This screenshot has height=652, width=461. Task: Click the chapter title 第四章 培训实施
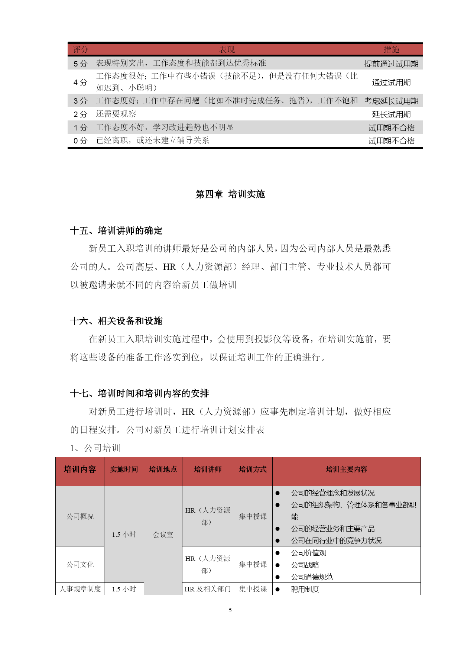[x=230, y=194]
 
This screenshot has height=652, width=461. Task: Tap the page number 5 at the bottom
[x=230, y=610]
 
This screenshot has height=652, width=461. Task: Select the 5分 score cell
[x=80, y=64]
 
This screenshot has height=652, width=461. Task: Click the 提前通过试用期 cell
[x=391, y=64]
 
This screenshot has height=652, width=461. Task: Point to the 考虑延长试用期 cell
[x=391, y=101]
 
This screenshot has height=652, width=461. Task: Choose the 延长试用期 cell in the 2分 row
[x=391, y=114]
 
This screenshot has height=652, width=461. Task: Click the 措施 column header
[x=391, y=49]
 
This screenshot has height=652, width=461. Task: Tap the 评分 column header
[x=80, y=49]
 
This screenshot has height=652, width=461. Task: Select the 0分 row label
[x=80, y=141]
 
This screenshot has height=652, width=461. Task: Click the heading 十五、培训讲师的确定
[x=116, y=231]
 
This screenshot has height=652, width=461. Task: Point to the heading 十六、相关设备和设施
[x=116, y=321]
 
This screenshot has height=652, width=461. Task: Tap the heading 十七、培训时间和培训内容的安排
[x=140, y=393]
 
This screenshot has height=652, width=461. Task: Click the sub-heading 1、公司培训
[x=95, y=448]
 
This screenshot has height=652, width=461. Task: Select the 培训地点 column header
[x=163, y=469]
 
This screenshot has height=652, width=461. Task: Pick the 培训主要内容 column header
[x=346, y=469]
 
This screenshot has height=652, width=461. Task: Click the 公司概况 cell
[x=80, y=516]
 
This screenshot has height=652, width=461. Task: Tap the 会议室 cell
[x=163, y=535]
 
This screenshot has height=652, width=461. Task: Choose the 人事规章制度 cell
[x=80, y=589]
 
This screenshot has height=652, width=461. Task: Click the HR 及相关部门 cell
[x=208, y=589]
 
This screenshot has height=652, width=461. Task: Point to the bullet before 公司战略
[x=277, y=565]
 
